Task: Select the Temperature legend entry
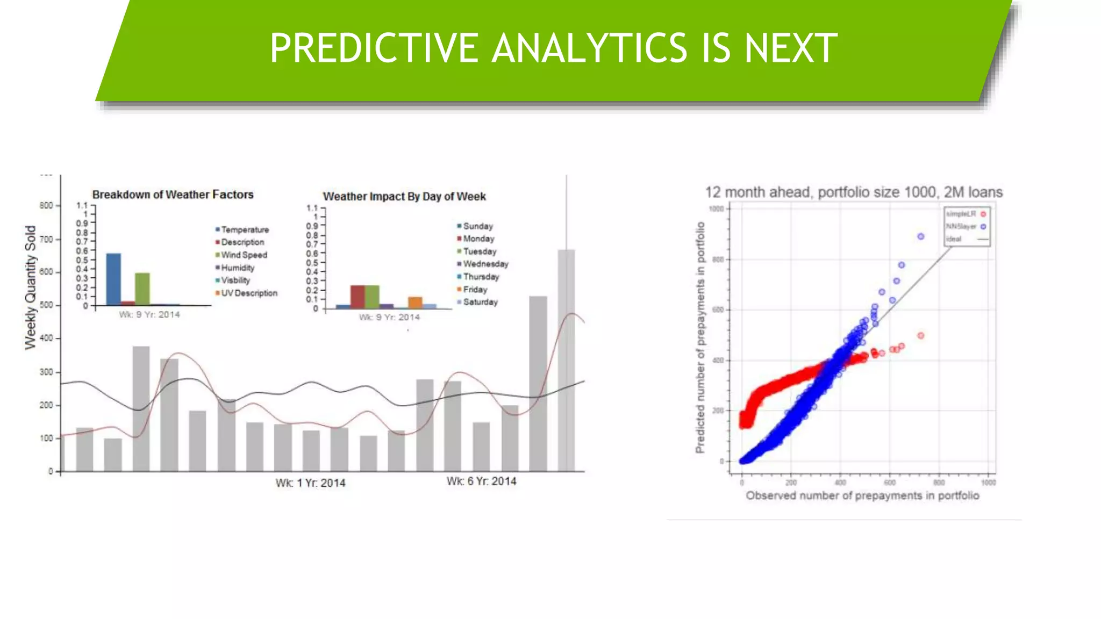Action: pos(245,229)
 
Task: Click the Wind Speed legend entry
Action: pos(244,255)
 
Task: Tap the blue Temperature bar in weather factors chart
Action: pos(113,279)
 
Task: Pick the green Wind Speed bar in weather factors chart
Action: pos(142,289)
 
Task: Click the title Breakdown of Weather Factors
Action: pos(173,195)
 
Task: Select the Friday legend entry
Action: pos(475,289)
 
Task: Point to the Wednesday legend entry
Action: pos(485,264)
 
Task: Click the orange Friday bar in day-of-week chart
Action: pos(415,303)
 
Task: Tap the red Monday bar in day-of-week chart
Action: pos(358,297)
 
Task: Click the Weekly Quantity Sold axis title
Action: pos(31,287)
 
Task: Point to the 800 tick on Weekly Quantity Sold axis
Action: pos(46,205)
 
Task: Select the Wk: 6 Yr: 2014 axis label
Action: pos(481,481)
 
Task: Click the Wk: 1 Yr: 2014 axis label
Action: pos(310,483)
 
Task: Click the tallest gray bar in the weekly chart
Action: pos(566,360)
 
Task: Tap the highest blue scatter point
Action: pos(920,236)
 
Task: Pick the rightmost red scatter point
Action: pos(920,335)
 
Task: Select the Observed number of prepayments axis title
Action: pos(862,495)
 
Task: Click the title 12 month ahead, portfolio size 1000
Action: pos(854,192)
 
